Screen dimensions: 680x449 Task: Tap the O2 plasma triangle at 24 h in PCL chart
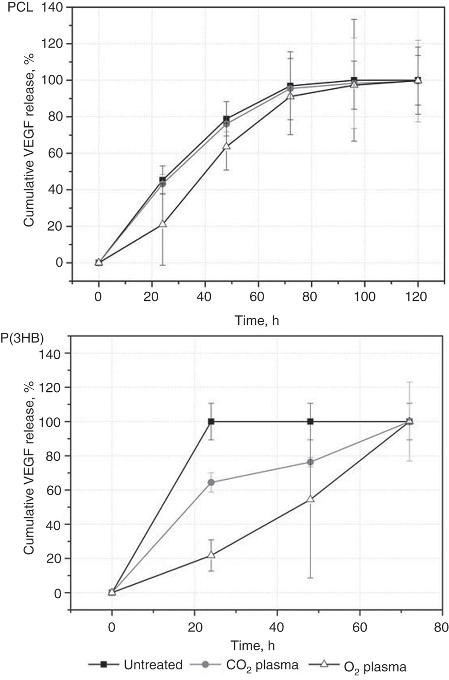click(163, 224)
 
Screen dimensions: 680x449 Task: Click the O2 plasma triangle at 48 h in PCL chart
click(226, 146)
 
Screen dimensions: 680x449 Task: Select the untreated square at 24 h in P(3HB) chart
click(211, 422)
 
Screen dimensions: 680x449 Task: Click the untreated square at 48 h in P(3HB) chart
click(310, 422)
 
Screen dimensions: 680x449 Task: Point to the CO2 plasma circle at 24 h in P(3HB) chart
click(211, 483)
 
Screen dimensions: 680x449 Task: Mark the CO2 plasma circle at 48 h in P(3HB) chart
click(310, 462)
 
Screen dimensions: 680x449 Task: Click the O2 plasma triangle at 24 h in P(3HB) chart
click(211, 555)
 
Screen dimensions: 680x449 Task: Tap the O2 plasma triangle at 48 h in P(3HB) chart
click(310, 499)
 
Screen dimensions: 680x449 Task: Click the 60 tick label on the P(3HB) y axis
click(51, 490)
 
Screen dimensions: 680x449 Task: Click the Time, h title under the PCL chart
click(257, 320)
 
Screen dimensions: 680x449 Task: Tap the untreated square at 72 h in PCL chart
click(290, 86)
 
